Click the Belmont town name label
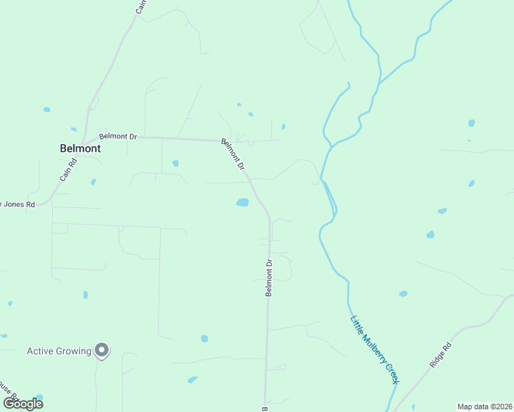click(x=80, y=148)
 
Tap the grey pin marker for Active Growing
click(x=102, y=351)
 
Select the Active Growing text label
click(x=58, y=351)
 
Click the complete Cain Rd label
click(x=67, y=168)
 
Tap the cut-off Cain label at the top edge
click(x=141, y=7)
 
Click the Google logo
click(x=23, y=403)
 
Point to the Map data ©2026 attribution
click(x=484, y=407)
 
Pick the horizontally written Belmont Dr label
click(x=118, y=136)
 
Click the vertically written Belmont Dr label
click(x=269, y=277)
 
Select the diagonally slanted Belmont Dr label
click(x=233, y=154)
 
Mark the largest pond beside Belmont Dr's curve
click(x=242, y=202)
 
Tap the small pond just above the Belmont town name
click(x=74, y=128)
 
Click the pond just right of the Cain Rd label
click(x=93, y=181)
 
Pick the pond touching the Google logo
click(x=39, y=398)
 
